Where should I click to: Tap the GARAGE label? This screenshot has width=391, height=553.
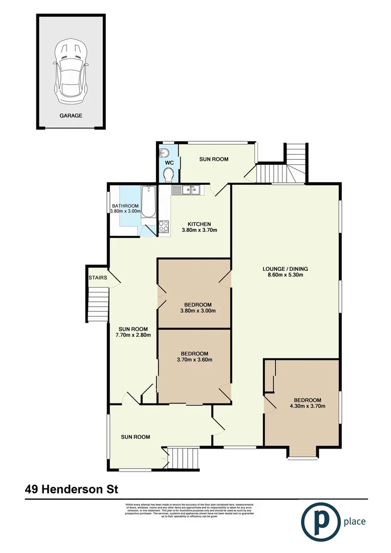point(71,116)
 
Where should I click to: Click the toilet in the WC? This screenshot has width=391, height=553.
point(168,176)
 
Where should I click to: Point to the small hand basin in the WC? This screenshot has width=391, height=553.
point(164,152)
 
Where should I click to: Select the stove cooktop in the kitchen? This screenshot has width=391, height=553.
point(164,227)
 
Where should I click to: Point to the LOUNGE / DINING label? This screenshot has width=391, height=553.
point(285,269)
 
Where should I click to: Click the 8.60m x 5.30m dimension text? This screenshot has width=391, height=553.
point(285,275)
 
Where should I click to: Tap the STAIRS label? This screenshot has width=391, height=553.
point(97,278)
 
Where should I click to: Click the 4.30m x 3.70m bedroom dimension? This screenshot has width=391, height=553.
point(307,407)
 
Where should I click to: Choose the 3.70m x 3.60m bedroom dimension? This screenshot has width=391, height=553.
point(194,360)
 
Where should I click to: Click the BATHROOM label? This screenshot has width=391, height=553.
point(125,206)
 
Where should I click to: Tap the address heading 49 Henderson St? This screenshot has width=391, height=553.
point(71,490)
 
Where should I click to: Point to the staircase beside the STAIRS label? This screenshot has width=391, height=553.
point(98,305)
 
